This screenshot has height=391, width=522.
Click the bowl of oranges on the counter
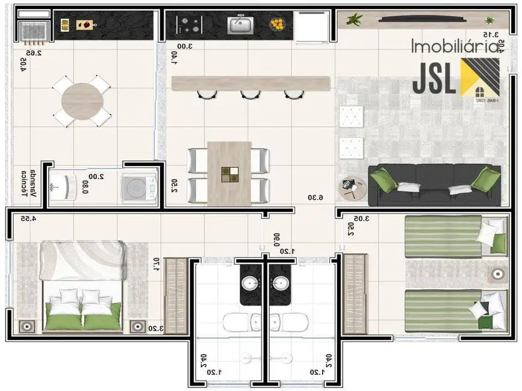277,24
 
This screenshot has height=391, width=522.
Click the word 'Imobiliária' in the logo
456,46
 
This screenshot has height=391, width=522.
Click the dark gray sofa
433,185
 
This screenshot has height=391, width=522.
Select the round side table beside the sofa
351,188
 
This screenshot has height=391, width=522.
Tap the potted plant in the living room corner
355,19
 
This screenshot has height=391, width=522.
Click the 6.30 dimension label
315,197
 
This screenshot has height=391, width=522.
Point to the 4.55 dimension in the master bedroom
28,219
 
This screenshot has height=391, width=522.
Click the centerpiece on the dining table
229,173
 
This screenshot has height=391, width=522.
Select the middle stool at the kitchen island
250,94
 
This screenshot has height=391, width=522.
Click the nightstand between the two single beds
497,274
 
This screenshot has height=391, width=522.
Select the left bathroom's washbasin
250,283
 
